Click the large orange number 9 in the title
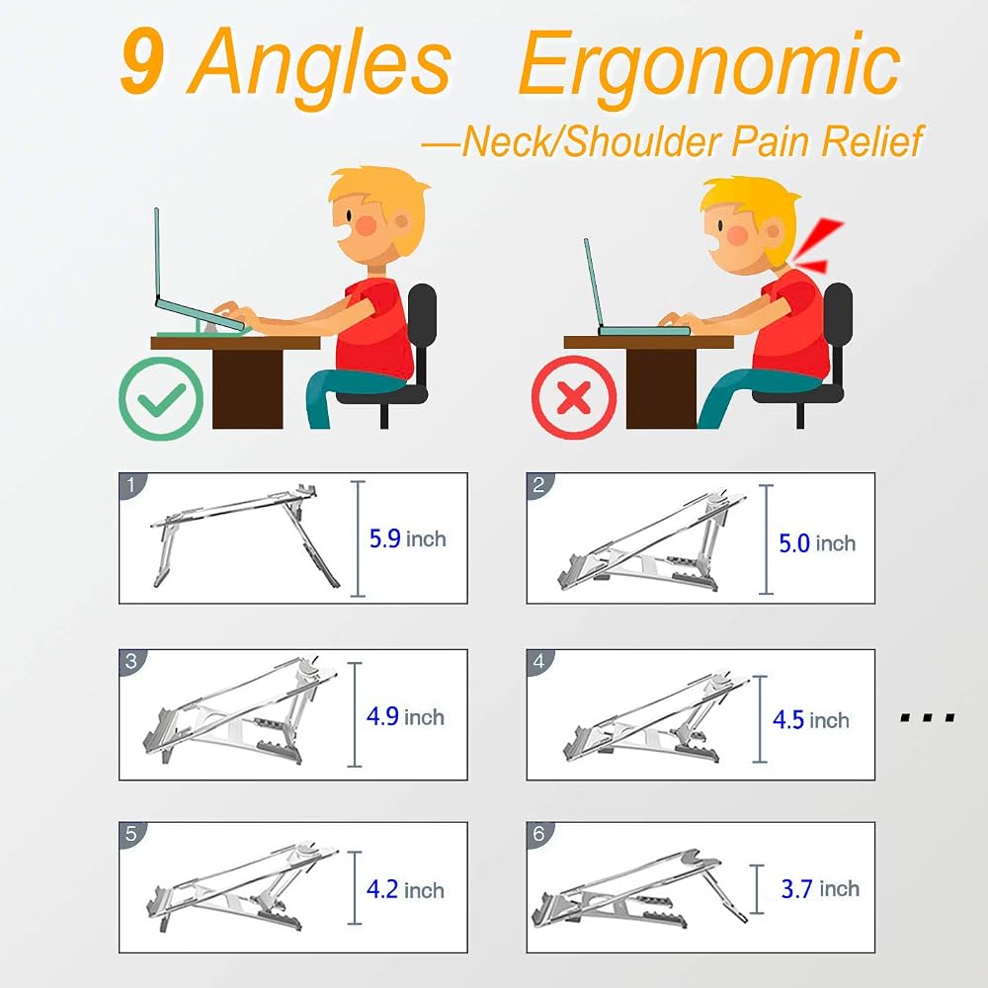click(x=143, y=61)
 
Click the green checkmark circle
click(x=161, y=398)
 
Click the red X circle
click(x=574, y=397)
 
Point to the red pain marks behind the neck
click(x=818, y=246)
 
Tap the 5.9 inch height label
click(x=408, y=538)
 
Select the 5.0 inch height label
click(x=817, y=543)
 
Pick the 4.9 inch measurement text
click(x=405, y=716)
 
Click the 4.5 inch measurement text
click(x=811, y=719)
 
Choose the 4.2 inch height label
click(x=405, y=890)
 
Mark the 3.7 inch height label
click(x=820, y=888)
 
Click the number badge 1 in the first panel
click(x=131, y=485)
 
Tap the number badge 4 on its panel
click(x=538, y=662)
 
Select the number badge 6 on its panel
click(x=538, y=834)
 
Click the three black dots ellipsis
click(x=928, y=717)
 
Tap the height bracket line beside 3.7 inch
click(x=757, y=889)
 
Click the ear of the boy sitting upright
click(x=401, y=222)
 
